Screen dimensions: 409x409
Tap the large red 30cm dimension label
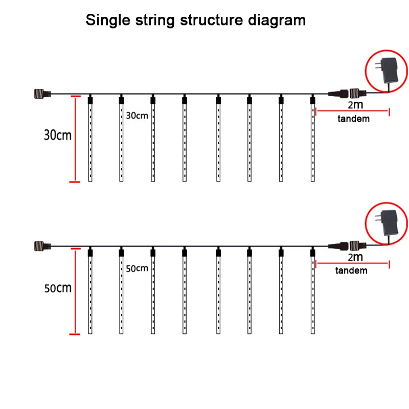pos(57,136)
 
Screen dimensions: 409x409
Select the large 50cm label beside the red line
pos(57,288)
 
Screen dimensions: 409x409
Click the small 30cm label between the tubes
pos(137,116)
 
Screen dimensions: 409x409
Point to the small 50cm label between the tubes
pos(137,268)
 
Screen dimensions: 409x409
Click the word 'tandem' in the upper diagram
pos(353,119)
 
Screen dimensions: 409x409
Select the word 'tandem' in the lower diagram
pos(351,270)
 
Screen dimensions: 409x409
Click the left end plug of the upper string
pos(40,94)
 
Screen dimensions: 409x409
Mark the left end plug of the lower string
pos(40,246)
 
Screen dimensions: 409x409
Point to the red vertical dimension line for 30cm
pos(75,138)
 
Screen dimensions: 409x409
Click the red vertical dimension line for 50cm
pos(75,291)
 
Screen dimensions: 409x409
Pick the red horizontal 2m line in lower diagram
pos(353,263)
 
